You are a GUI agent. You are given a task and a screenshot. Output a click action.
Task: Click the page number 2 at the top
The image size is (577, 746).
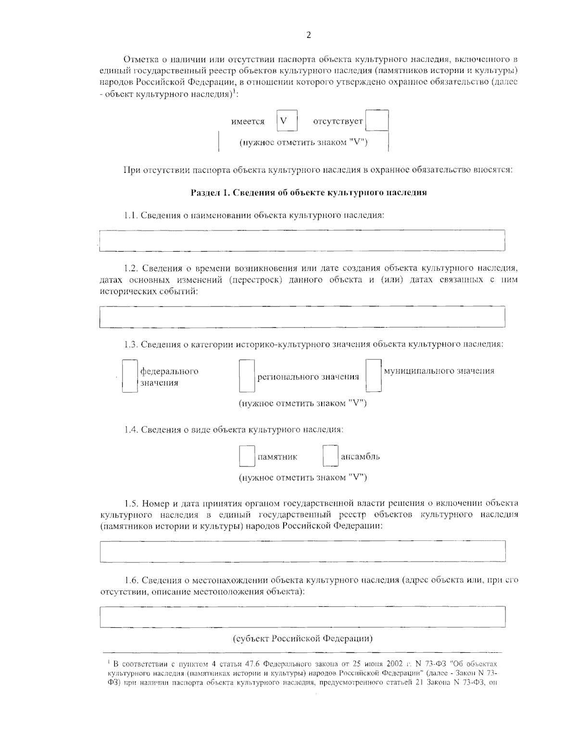click(308, 35)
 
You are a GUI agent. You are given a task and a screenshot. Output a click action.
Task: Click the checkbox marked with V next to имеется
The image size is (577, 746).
click(287, 121)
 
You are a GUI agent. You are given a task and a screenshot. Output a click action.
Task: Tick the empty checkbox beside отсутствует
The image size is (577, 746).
click(376, 121)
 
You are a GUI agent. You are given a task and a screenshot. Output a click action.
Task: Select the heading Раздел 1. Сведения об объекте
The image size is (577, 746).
click(309, 193)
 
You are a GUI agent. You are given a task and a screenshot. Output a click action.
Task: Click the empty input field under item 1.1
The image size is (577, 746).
click(302, 240)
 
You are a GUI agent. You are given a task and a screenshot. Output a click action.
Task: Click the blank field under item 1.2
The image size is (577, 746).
click(302, 317)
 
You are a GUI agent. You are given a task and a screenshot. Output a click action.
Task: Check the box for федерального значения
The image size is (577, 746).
click(130, 377)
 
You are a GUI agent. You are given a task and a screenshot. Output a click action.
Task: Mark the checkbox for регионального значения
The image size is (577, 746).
click(247, 377)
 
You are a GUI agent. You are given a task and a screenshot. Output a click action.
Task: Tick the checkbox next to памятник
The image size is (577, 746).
click(247, 456)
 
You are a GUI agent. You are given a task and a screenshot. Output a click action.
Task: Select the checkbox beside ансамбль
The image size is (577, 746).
click(330, 456)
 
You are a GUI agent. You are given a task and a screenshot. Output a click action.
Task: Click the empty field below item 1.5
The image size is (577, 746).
click(302, 551)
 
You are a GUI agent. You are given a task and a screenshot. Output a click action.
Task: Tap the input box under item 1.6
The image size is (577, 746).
click(302, 617)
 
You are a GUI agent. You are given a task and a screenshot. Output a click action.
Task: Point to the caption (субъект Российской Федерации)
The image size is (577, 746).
click(303, 639)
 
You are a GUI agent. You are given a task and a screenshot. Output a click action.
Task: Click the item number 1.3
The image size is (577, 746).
click(131, 344)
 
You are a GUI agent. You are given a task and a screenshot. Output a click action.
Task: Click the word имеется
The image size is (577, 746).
click(248, 122)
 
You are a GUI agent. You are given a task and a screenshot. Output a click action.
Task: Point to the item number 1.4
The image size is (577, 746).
click(131, 429)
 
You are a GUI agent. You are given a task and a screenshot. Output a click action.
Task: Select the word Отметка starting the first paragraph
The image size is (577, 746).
click(139, 60)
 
